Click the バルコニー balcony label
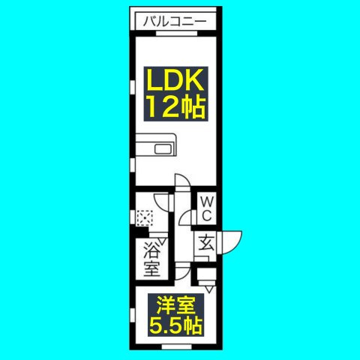[175, 22]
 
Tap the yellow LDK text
[175, 79]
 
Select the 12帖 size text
[177, 106]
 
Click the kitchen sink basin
[163, 149]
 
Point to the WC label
[207, 208]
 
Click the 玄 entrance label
[206, 242]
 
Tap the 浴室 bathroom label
[151, 260]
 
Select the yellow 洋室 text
[175, 306]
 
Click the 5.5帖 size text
[175, 325]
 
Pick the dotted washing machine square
[145, 218]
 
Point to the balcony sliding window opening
[177, 33]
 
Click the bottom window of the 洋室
[176, 347]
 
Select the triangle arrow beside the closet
[209, 289]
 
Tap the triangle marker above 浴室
[163, 241]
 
